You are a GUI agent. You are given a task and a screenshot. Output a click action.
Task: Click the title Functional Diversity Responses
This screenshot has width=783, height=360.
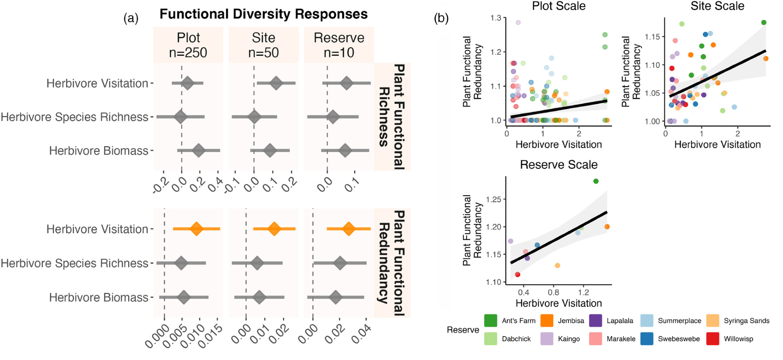pyautogui.click(x=263, y=14)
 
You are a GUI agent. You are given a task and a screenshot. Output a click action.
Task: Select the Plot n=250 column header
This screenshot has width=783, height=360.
pyautogui.click(x=188, y=45)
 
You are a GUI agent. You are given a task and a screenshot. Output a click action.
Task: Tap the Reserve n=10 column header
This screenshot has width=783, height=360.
pyautogui.click(x=339, y=45)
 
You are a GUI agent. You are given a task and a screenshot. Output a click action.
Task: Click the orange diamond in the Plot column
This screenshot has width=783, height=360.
pyautogui.click(x=196, y=229)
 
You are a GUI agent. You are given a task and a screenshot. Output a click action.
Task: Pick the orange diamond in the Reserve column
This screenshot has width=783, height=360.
pyautogui.click(x=348, y=229)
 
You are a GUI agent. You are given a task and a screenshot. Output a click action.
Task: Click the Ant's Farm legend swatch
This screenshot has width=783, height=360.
pyautogui.click(x=491, y=320)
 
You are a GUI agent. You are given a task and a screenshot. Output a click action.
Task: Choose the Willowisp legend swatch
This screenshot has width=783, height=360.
pyautogui.click(x=713, y=339)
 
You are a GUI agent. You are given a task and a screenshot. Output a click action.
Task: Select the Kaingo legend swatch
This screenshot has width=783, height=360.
pyautogui.click(x=547, y=339)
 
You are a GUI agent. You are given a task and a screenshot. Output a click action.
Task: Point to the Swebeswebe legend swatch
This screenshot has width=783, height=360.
pyautogui.click(x=647, y=339)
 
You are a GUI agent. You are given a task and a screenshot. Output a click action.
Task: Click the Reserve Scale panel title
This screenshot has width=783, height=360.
pyautogui.click(x=559, y=165)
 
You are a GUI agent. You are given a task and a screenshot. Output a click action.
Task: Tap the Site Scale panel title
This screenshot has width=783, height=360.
pyautogui.click(x=717, y=6)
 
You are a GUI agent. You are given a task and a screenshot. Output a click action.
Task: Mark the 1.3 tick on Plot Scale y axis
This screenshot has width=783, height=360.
pyautogui.click(x=496, y=18)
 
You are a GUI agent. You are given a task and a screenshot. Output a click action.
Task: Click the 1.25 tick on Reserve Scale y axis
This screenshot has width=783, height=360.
pyautogui.click(x=493, y=200)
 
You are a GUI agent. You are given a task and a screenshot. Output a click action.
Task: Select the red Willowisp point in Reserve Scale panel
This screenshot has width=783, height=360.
pyautogui.click(x=518, y=275)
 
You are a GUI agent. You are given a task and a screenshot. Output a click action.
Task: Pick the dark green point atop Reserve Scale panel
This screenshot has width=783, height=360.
pyautogui.click(x=596, y=181)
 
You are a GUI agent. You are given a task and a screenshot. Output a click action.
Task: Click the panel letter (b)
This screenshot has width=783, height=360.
pyautogui.click(x=441, y=18)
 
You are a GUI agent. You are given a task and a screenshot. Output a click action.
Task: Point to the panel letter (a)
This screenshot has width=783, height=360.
pyautogui.click(x=131, y=18)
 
